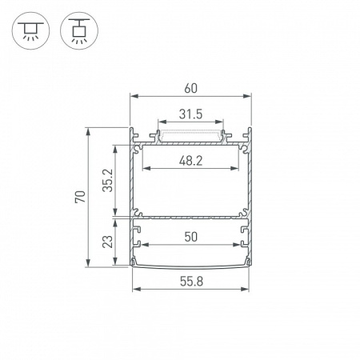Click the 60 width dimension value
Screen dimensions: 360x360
point(190,88)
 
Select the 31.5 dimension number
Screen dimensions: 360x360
point(190,114)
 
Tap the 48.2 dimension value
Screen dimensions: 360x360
point(190,161)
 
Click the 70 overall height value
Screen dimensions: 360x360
point(78,198)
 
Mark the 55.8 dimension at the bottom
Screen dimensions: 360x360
point(190,282)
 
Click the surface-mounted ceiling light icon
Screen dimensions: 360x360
point(30,30)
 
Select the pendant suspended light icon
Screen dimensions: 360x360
point(78,30)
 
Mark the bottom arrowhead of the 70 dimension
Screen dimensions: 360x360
point(87,266)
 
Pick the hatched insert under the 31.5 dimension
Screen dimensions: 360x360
point(190,137)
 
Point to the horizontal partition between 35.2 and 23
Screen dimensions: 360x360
point(190,216)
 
